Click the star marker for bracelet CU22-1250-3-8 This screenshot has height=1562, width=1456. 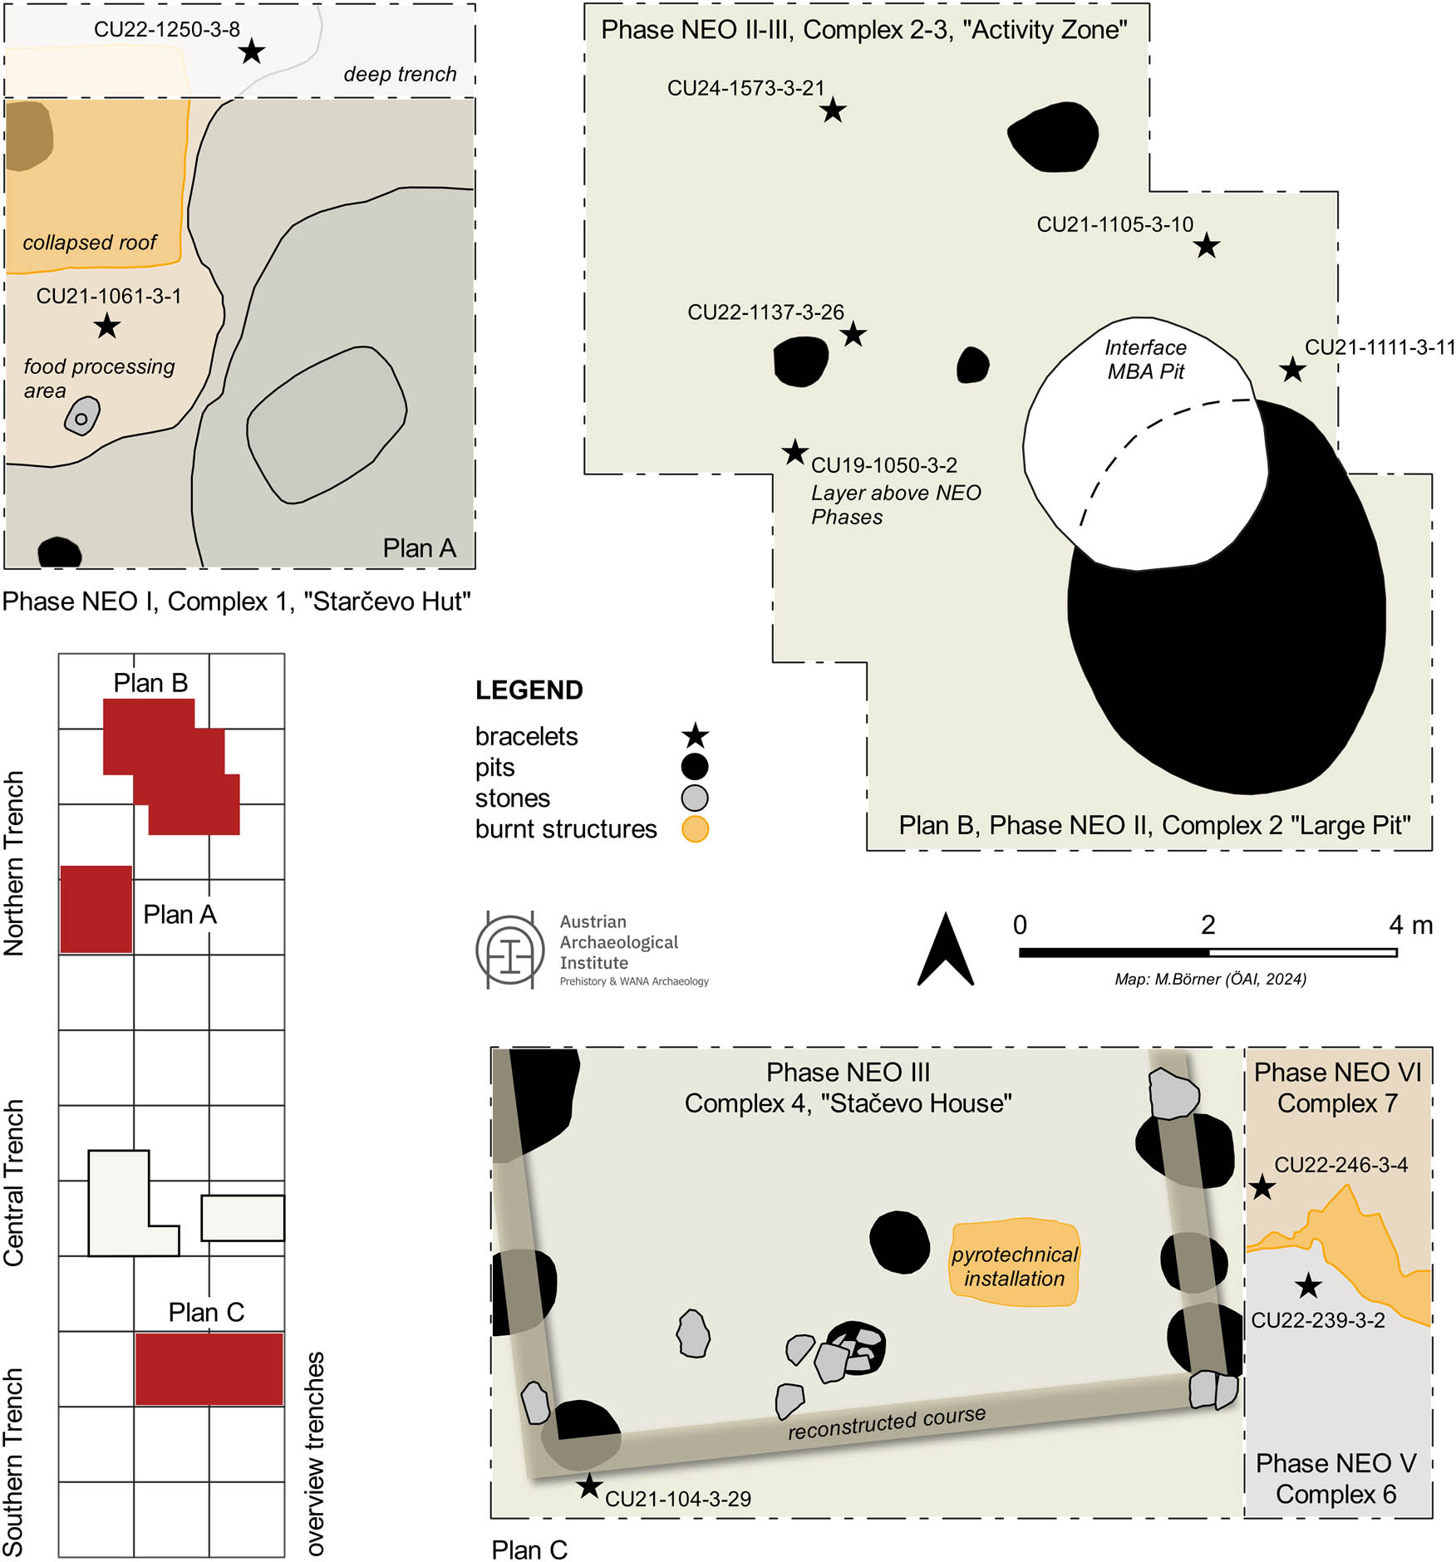pyautogui.click(x=251, y=52)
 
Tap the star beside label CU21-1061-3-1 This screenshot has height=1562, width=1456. pyautogui.click(x=106, y=326)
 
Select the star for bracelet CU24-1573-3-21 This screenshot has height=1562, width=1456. pyautogui.click(x=833, y=110)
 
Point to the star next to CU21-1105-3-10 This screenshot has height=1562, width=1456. pyautogui.click(x=1207, y=246)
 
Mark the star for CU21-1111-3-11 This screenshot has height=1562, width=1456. pyautogui.click(x=1291, y=370)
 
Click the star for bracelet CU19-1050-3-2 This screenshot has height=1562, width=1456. pyautogui.click(x=795, y=453)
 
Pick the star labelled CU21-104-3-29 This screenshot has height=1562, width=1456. pyautogui.click(x=589, y=1486)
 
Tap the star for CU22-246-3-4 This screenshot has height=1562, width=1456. pyautogui.click(x=1262, y=1187)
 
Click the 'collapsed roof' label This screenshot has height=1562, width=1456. pyautogui.click(x=90, y=243)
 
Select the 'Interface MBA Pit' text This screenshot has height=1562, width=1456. pyautogui.click(x=1145, y=360)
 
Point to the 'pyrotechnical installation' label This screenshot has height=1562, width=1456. pyautogui.click(x=1014, y=1266)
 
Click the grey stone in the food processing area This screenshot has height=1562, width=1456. pyautogui.click(x=82, y=415)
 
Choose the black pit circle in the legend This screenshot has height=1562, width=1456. pyautogui.click(x=695, y=767)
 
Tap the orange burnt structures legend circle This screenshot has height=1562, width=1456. pyautogui.click(x=695, y=829)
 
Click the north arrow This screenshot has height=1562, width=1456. pyautogui.click(x=945, y=951)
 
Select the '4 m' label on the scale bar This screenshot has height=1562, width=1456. pyautogui.click(x=1410, y=925)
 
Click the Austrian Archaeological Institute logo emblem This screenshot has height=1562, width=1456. pyautogui.click(x=509, y=951)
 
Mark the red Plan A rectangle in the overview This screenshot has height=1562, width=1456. pyautogui.click(x=96, y=909)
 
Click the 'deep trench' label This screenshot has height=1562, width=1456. pyautogui.click(x=400, y=75)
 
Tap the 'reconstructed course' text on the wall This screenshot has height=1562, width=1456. pyautogui.click(x=887, y=1422)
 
